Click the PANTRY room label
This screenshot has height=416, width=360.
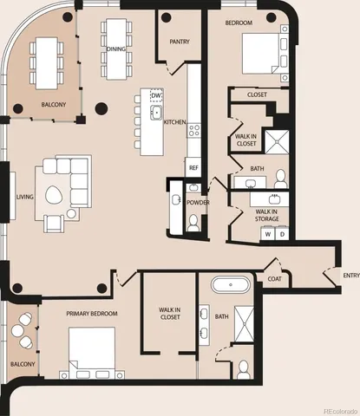click(180, 41)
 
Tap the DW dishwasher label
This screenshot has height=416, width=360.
click(156, 95)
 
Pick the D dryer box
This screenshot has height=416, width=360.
click(283, 234)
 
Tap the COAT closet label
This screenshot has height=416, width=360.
click(274, 278)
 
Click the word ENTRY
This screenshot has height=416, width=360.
click(350, 276)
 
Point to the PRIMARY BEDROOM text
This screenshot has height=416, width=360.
click(92, 313)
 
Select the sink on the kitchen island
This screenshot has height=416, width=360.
click(158, 113)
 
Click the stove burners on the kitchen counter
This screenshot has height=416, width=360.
click(194, 130)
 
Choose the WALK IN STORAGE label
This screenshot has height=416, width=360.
click(266, 215)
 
